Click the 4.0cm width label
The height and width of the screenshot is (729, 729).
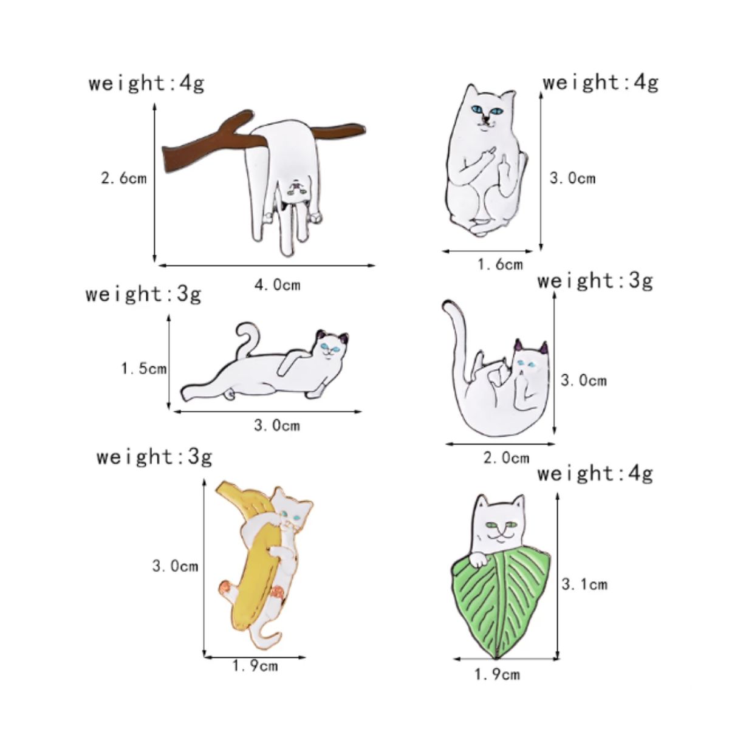click(277, 284)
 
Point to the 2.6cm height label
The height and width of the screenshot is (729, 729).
click(124, 178)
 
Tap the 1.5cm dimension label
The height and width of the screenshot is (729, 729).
click(144, 368)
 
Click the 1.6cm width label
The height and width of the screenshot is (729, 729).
click(500, 264)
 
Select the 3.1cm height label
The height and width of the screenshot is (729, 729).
click(584, 584)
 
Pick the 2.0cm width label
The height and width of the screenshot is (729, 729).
click(506, 458)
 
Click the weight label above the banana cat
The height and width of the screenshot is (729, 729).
click(154, 456)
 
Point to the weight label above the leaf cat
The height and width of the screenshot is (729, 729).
click(595, 473)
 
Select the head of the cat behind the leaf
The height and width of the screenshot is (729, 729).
click(499, 520)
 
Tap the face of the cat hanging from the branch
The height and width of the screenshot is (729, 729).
click(296, 188)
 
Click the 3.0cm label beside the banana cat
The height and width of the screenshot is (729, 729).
click(175, 566)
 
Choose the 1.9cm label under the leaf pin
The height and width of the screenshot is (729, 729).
click(497, 674)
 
